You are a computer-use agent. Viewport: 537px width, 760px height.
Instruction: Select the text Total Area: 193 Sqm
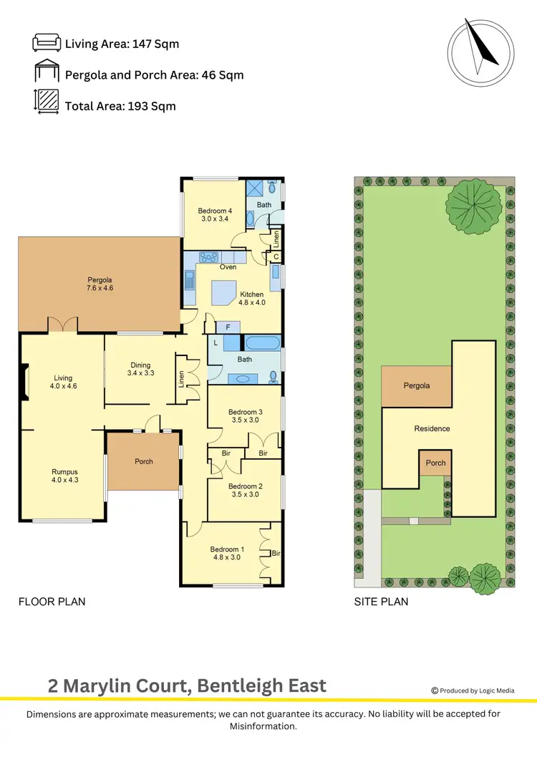(120, 106)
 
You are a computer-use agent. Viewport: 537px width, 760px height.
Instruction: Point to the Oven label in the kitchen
(228, 267)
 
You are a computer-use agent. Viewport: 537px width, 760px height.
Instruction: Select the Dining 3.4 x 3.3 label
(141, 368)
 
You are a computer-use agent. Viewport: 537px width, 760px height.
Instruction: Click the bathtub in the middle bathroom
(263, 343)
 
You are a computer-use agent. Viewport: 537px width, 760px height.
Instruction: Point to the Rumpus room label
(64, 476)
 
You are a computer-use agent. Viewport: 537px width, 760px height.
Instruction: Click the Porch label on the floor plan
(144, 461)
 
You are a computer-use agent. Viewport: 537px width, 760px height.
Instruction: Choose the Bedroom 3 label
(245, 416)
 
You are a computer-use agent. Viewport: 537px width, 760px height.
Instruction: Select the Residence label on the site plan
(432, 428)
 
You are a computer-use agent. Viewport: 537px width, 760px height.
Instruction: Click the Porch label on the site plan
(435, 463)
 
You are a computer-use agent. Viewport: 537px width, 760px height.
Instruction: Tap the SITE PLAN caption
(381, 602)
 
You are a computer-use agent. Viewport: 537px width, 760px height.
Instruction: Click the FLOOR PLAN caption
(52, 602)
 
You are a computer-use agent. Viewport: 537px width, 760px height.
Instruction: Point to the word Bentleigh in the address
(243, 686)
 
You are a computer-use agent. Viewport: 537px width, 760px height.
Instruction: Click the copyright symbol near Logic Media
(435, 691)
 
